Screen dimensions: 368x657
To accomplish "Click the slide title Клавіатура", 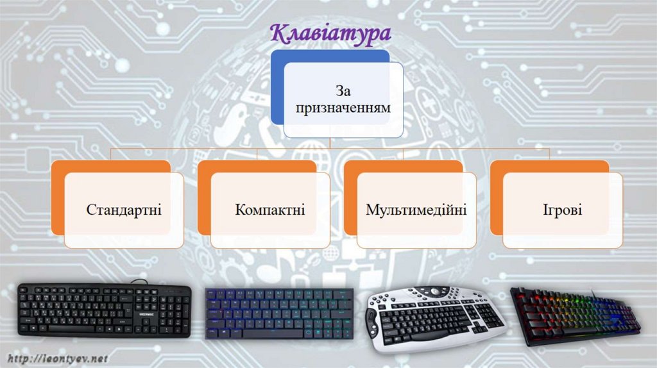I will point(330,32).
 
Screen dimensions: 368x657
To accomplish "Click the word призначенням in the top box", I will point(343,108).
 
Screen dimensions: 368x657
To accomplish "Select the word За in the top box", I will point(343,92).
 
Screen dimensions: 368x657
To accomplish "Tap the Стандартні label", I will point(124,210).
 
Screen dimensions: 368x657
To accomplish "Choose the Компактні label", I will point(269,210).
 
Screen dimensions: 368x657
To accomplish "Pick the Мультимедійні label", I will point(416,210).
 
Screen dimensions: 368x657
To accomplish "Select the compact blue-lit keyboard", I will point(279,313).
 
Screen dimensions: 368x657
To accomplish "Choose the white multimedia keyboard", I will point(430,317).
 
